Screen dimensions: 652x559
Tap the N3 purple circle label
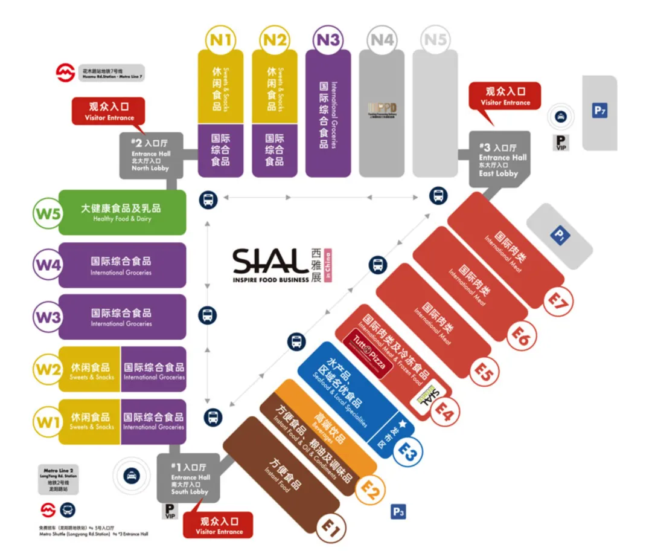328,40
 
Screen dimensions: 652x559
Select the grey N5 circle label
435,40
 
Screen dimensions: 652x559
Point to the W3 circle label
49,316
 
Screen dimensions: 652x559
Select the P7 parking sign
599,111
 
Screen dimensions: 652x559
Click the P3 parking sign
398,512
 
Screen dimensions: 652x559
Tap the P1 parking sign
560,234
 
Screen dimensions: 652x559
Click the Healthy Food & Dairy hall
121,212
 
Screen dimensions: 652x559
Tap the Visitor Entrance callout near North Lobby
109,111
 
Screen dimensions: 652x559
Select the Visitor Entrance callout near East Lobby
505,96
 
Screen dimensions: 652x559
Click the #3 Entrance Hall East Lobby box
499,158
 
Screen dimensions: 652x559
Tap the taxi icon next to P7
561,118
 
